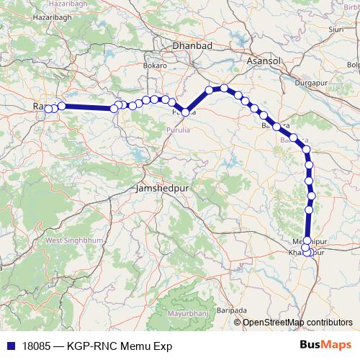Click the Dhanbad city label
click(191, 46)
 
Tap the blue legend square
click(6, 346)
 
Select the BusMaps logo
click(330, 345)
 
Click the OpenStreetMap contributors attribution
click(297, 323)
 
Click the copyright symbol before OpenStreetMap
click(238, 323)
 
